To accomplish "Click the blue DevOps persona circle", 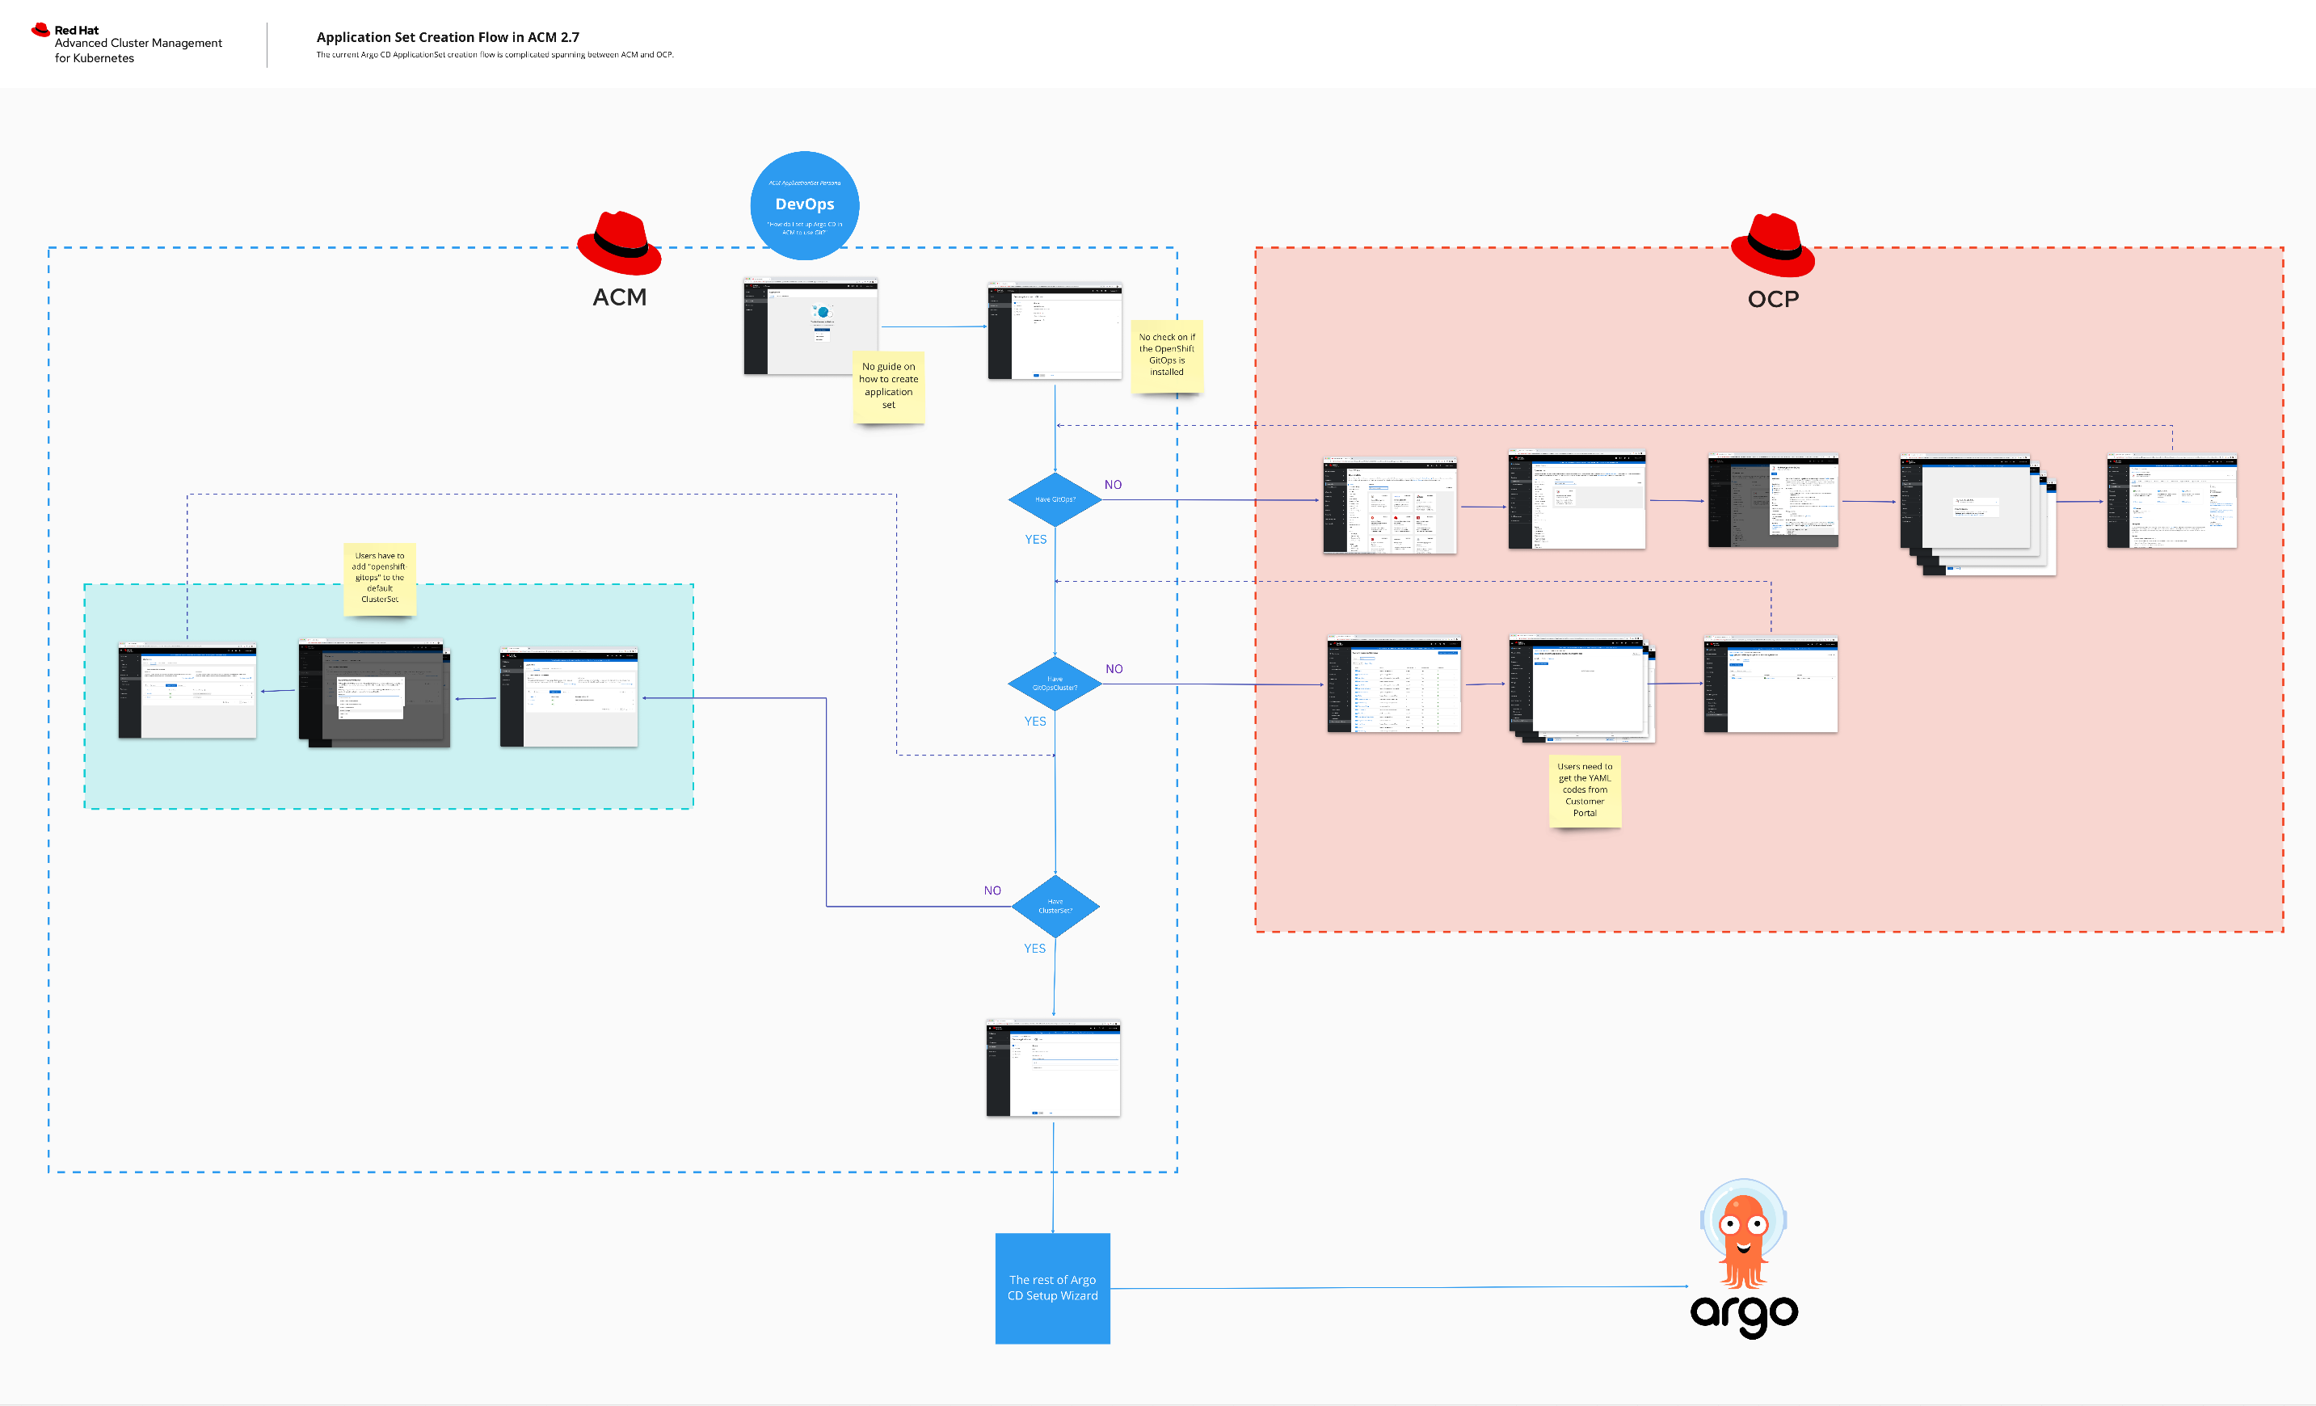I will click(805, 205).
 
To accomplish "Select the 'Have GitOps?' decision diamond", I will click(1055, 499).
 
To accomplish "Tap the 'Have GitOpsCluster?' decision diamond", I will click(1055, 684).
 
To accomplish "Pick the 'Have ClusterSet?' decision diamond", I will click(1055, 906).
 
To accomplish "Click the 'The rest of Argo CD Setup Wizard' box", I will click(1052, 1287).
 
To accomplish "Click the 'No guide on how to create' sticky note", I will click(888, 386).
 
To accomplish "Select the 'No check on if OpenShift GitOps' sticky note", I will click(1166, 356).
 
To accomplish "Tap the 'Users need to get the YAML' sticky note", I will click(1585, 790).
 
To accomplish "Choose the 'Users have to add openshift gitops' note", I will click(380, 578).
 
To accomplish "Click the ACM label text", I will click(620, 297).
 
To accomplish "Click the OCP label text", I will click(1773, 299).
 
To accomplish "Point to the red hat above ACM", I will click(620, 242).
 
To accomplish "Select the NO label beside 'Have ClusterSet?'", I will click(992, 890).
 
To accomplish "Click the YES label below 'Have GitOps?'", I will click(1035, 540).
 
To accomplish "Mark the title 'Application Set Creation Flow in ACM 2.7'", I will click(448, 38).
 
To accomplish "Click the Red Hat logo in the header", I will click(40, 30).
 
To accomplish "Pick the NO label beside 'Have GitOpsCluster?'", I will click(1114, 669).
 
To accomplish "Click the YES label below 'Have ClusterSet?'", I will click(1034, 949).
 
